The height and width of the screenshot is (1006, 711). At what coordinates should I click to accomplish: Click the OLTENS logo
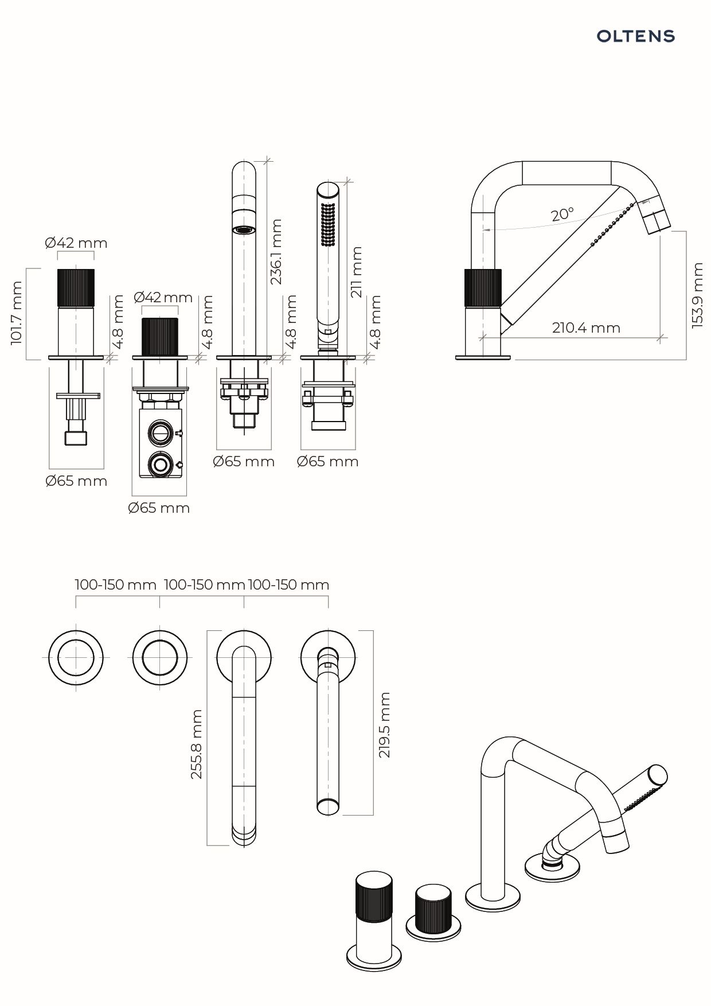tap(635, 37)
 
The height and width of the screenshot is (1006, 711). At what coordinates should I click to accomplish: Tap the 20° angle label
tap(562, 215)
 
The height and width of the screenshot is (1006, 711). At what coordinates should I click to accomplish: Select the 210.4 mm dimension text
tap(586, 328)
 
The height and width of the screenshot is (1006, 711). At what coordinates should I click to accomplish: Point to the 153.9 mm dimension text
tap(697, 295)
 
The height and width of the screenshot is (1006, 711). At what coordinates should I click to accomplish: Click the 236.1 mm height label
tap(276, 251)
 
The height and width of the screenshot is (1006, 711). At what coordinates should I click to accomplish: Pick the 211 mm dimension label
tap(357, 271)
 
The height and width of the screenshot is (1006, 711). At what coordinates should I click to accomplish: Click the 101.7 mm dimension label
tap(16, 313)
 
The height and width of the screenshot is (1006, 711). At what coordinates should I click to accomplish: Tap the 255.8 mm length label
tap(197, 744)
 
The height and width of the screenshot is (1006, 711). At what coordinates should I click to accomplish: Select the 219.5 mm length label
tap(384, 724)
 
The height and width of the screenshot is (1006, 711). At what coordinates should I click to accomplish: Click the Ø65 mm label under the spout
tap(244, 461)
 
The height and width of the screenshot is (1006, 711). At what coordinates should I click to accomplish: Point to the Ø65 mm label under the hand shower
tap(327, 461)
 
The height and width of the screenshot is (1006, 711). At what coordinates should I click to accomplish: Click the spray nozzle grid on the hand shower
tap(328, 223)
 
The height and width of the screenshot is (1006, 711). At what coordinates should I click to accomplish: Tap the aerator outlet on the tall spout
tap(244, 230)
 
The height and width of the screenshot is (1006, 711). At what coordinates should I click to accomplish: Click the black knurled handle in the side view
tap(482, 288)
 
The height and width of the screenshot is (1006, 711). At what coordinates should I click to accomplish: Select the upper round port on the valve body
tap(160, 432)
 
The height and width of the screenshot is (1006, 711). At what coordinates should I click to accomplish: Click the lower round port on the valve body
tap(160, 463)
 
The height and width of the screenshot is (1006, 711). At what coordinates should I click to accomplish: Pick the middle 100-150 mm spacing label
tap(204, 584)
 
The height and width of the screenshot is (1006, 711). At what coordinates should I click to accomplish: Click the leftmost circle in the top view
tap(76, 657)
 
